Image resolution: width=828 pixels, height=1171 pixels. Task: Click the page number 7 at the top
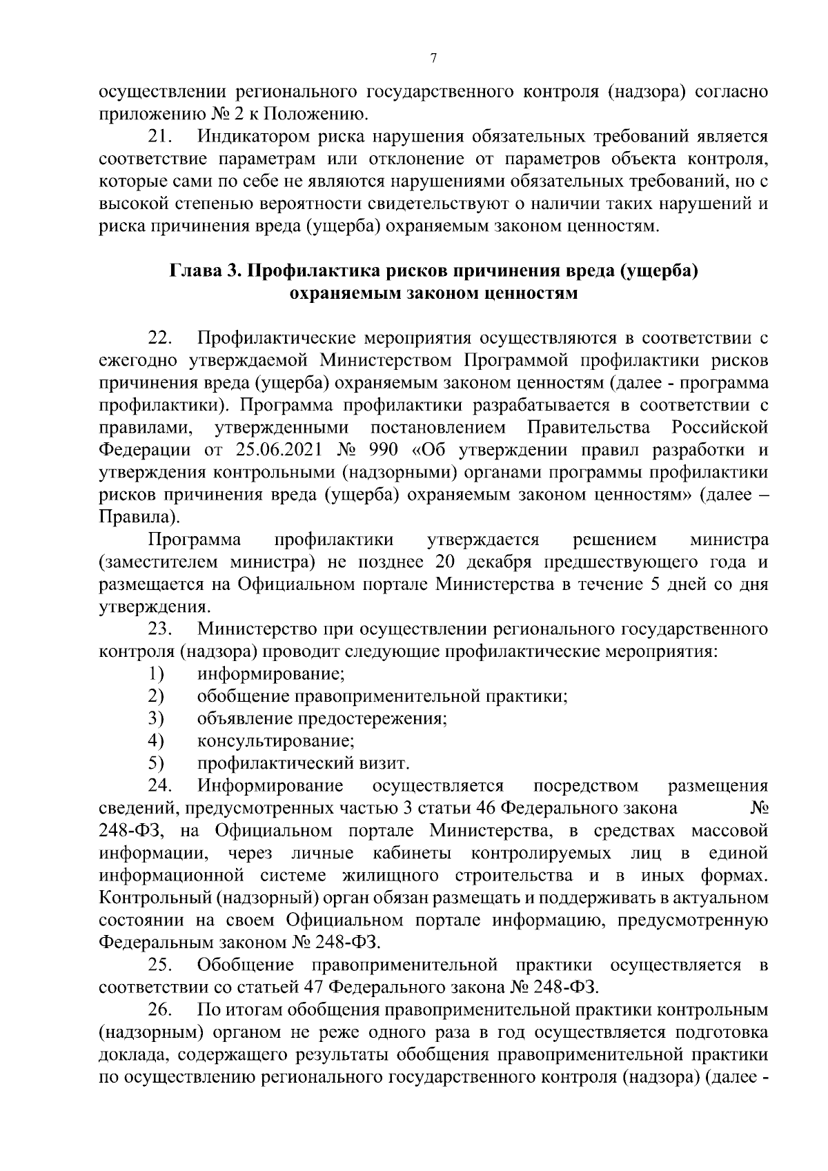[433, 59]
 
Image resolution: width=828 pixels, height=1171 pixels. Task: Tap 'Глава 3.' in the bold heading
[204, 271]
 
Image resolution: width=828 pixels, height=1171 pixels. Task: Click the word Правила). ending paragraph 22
[139, 518]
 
